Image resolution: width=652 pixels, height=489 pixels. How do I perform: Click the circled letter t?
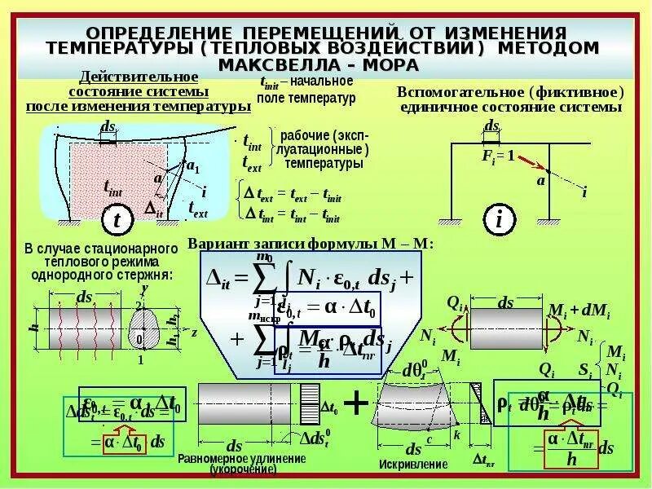click(117, 220)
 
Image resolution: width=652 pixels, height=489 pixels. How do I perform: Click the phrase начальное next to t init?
click(321, 81)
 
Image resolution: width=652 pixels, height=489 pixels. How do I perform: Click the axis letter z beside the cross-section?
click(194, 333)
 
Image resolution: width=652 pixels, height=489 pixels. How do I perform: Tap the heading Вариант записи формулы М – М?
click(311, 244)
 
